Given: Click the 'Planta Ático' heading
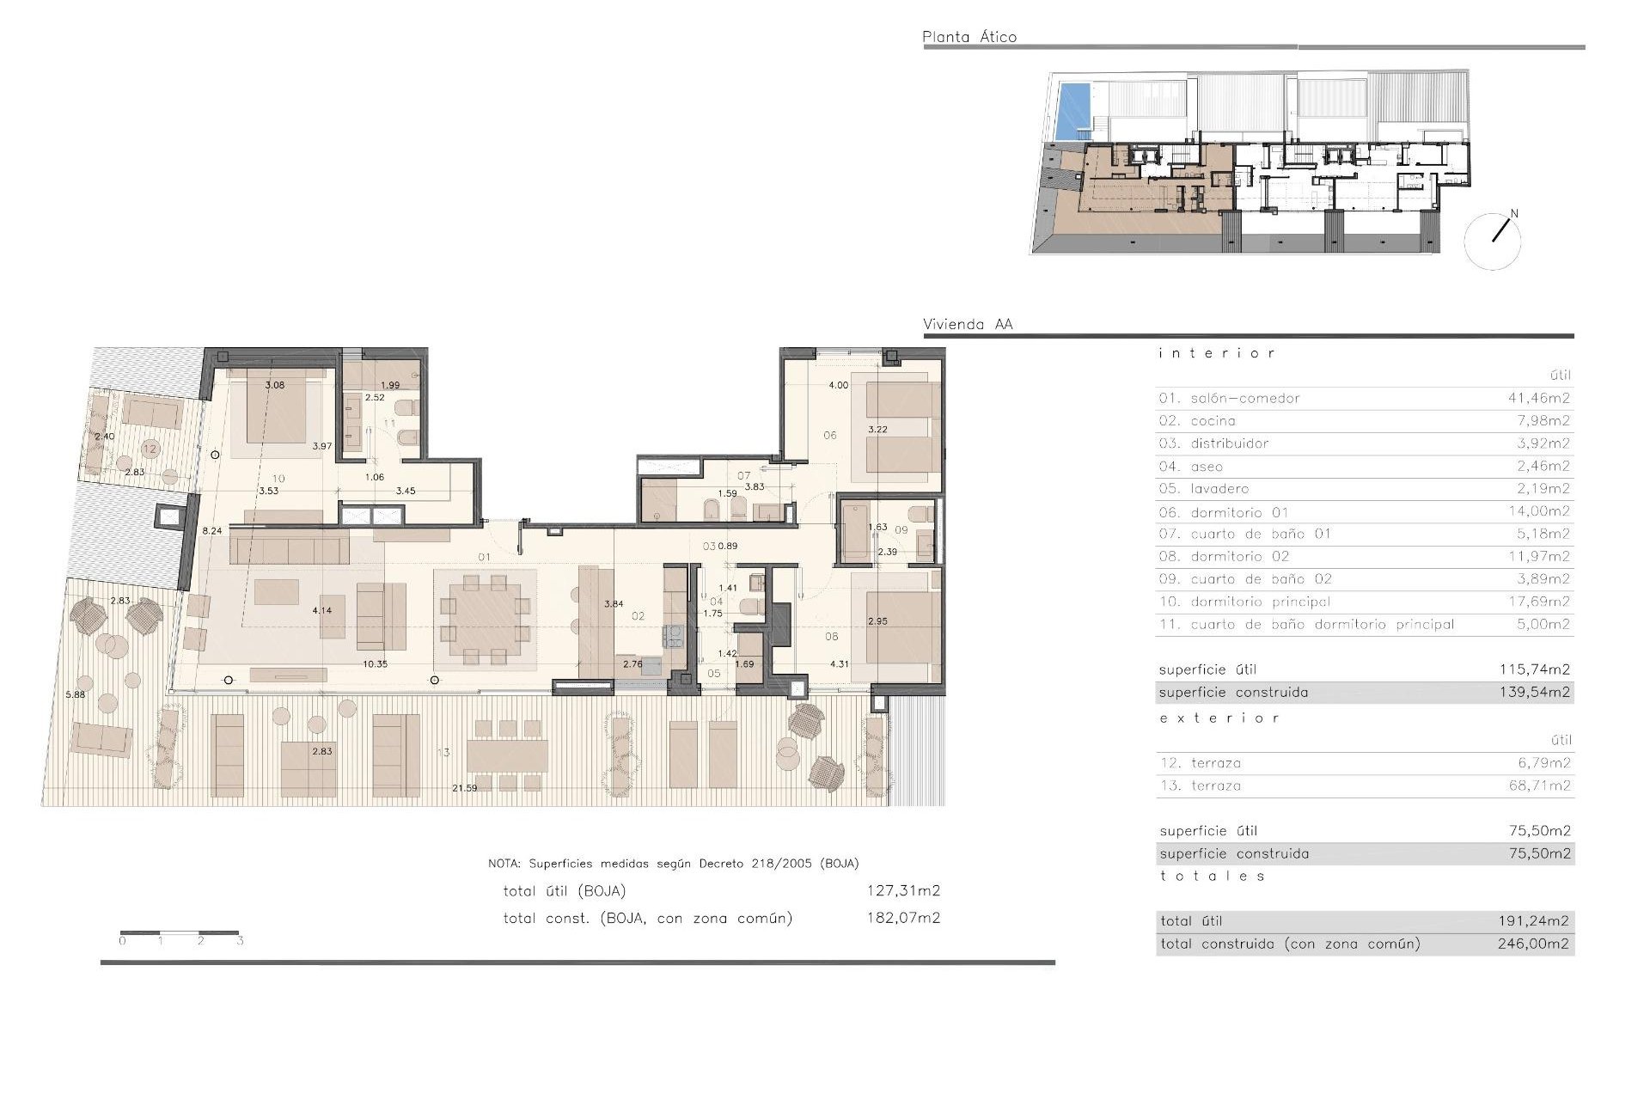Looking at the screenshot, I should click(969, 37).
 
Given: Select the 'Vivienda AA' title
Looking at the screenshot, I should click(968, 325).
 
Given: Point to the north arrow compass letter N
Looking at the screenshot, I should click(1514, 214).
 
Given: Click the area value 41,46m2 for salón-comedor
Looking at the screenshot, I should click(1538, 398).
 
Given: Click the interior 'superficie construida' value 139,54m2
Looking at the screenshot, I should click(1534, 692).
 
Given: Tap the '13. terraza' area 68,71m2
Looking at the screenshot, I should click(1539, 785).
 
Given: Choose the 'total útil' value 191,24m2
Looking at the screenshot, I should click(1533, 920).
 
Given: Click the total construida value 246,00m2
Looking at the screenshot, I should click(1533, 944).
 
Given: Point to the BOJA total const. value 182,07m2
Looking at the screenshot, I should click(902, 918).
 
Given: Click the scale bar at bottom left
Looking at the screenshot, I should click(180, 932).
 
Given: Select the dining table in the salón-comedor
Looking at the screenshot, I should click(485, 619).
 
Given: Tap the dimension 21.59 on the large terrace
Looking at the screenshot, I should click(464, 788).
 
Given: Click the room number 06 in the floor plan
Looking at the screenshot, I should click(829, 436).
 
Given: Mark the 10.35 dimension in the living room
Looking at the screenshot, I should click(375, 664).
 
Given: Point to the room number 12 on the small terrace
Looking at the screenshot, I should click(150, 449).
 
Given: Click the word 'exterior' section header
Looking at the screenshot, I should click(1219, 718).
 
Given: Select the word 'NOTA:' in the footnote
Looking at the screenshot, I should click(504, 864).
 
